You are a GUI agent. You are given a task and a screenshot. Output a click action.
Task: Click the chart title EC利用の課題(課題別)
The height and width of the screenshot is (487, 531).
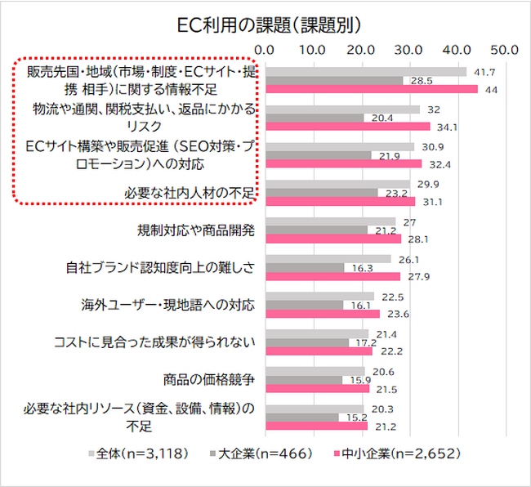pyautogui.click(x=265, y=22)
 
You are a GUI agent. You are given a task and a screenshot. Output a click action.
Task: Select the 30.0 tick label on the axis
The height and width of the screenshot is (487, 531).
pyautogui.click(x=406, y=50)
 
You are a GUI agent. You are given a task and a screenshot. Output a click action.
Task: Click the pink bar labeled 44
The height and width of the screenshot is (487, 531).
pyautogui.click(x=371, y=89)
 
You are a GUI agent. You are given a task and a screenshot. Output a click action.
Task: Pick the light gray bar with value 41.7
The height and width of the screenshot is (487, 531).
pyautogui.click(x=365, y=72)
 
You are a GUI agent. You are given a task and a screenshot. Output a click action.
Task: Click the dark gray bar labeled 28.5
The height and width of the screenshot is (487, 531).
pyautogui.click(x=333, y=80)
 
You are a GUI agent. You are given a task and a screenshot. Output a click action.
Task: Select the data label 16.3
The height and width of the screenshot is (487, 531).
pyautogui.click(x=357, y=267)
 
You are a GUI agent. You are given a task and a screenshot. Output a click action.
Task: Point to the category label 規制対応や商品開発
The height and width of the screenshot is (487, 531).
pyautogui.click(x=196, y=230)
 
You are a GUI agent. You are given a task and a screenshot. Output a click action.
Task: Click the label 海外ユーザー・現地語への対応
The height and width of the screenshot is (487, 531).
pyautogui.click(x=168, y=305)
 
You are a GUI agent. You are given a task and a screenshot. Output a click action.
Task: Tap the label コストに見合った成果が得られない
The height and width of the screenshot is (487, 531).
pyautogui.click(x=154, y=342)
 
